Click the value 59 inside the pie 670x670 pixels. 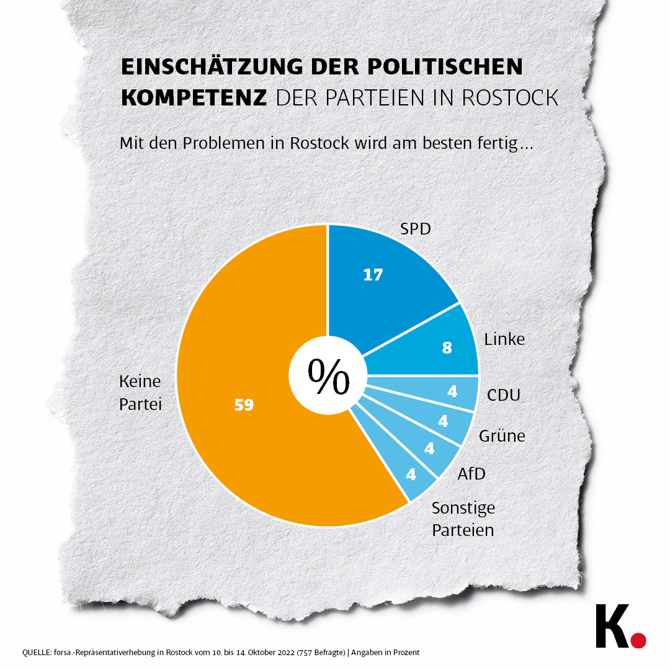(x=244, y=405)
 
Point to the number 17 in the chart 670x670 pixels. (x=373, y=275)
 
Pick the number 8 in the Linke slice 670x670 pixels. (x=447, y=348)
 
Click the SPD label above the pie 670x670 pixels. (x=415, y=230)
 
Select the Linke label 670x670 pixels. (x=504, y=339)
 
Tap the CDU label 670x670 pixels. (x=503, y=395)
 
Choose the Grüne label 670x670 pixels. (x=502, y=436)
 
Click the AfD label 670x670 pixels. (x=471, y=475)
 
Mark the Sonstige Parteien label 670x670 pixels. (x=463, y=519)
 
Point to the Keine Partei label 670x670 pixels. (x=140, y=393)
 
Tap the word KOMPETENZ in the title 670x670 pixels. (x=194, y=97)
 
